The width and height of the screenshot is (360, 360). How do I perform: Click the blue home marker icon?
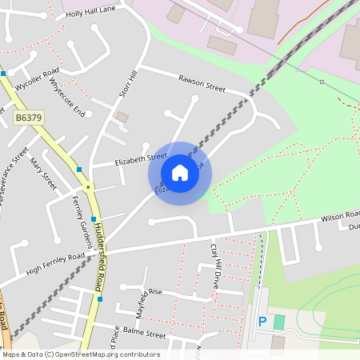click(180, 173)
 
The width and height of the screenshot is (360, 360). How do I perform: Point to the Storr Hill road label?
click(129, 83)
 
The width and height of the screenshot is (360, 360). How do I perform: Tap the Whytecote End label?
click(66, 98)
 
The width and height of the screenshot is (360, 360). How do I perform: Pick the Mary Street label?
click(43, 173)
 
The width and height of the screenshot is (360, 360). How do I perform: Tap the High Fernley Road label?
click(55, 262)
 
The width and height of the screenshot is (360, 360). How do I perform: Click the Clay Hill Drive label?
click(214, 266)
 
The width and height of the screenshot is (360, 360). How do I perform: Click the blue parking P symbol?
click(262, 322)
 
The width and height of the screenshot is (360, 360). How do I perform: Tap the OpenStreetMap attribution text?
click(81, 354)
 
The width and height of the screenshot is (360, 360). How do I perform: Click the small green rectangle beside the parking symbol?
click(278, 322)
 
